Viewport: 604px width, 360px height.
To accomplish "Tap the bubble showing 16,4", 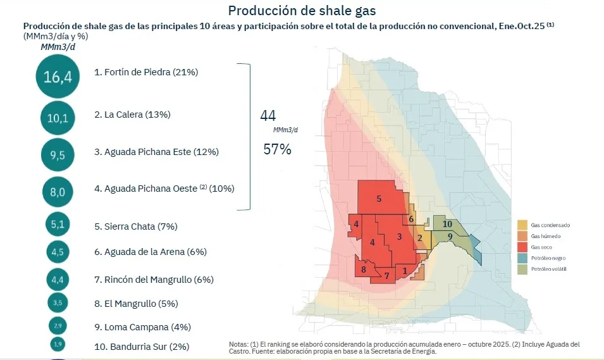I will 58,77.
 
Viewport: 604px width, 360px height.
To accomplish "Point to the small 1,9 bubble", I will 58,345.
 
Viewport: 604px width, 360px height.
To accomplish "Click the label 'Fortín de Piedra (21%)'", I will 146,72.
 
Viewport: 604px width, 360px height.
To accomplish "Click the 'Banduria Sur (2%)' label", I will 141,347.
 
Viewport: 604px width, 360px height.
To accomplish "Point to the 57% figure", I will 277,149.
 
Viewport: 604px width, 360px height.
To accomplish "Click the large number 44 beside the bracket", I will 268,116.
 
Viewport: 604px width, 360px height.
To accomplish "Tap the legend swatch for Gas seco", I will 522,247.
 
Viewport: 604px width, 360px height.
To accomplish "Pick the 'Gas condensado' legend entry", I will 550,225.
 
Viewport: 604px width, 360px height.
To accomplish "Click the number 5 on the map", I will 379,199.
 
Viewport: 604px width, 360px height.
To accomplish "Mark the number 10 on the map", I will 447,223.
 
